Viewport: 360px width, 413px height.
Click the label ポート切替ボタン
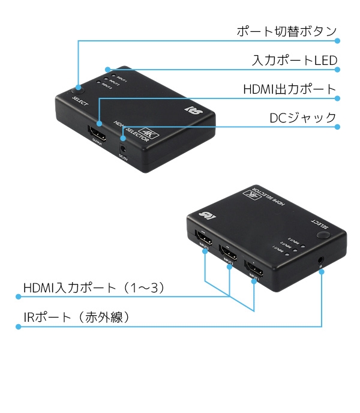pos(287,32)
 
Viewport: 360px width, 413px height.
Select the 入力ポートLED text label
pos(294,61)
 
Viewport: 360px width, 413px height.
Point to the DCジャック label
pos(302,118)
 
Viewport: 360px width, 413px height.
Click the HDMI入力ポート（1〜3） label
pos(94,288)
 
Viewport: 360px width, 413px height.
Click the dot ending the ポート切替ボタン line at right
pos(337,41)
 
